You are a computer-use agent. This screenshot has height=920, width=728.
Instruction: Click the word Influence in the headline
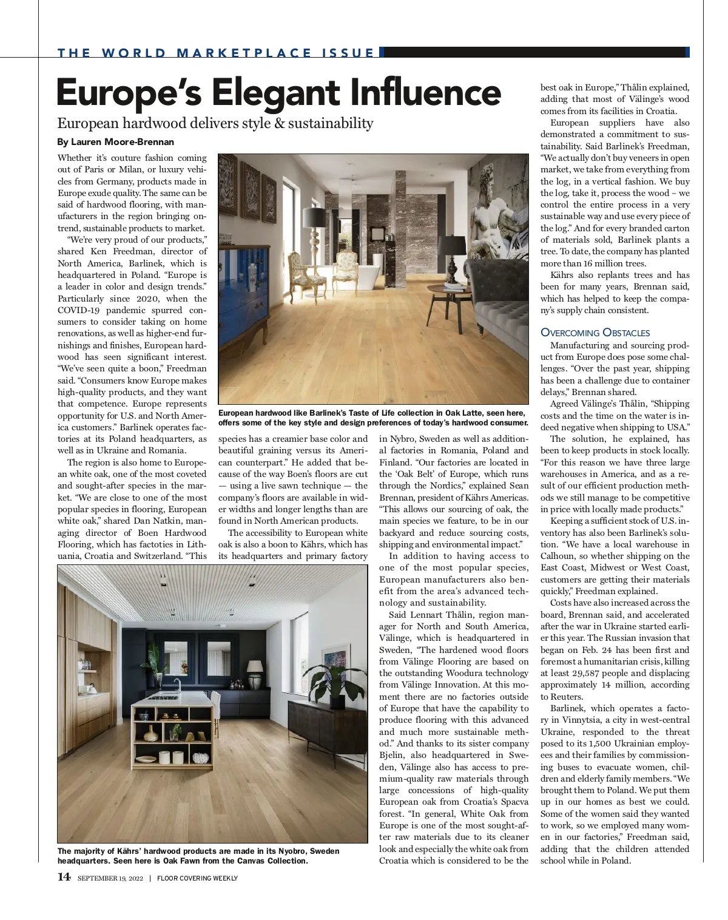pyautogui.click(x=425, y=93)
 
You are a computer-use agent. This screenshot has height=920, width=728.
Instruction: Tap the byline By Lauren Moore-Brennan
pyautogui.click(x=115, y=142)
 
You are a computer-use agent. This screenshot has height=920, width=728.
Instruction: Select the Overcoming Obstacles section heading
pyautogui.click(x=595, y=333)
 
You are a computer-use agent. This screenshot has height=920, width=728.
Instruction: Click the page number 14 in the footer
pyautogui.click(x=64, y=877)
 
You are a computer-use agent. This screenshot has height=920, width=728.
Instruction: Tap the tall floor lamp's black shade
pyautogui.click(x=317, y=217)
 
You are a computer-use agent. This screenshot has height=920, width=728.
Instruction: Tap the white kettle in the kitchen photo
pyautogui.click(x=91, y=688)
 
